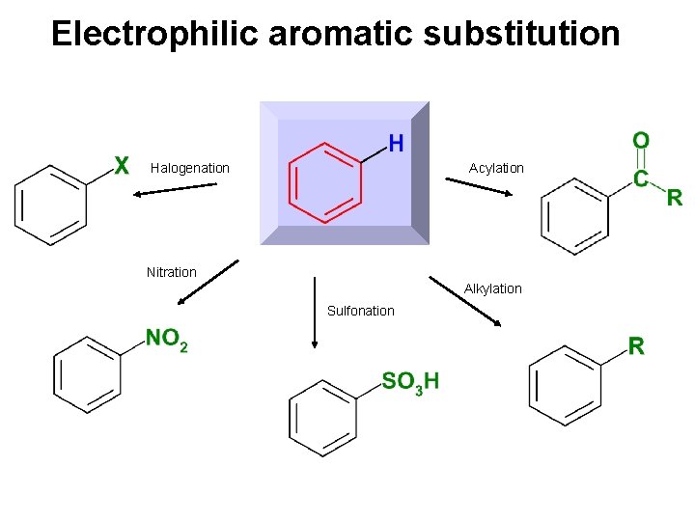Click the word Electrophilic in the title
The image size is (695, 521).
pyautogui.click(x=154, y=34)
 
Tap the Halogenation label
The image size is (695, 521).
pyautogui.click(x=190, y=168)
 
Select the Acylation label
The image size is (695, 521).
pyautogui.click(x=496, y=168)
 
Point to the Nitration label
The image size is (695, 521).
pyautogui.click(x=171, y=272)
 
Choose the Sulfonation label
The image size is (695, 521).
pyautogui.click(x=360, y=311)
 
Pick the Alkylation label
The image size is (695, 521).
pyautogui.click(x=492, y=288)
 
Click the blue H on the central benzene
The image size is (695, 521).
pyautogui.click(x=396, y=144)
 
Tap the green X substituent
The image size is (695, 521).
pyautogui.click(x=123, y=167)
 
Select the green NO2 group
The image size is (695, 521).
pyautogui.click(x=167, y=339)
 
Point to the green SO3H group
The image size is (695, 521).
pyautogui.click(x=410, y=382)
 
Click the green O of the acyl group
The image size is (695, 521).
pyautogui.click(x=641, y=141)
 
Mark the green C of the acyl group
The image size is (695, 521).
pyautogui.click(x=640, y=178)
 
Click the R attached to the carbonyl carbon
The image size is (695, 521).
pyautogui.click(x=674, y=199)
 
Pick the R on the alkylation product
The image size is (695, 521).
pyautogui.click(x=636, y=346)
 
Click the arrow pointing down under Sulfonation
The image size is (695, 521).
pyautogui.click(x=315, y=313)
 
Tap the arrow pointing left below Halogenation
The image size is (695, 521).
pyautogui.click(x=174, y=189)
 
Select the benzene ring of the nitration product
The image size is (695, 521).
pyautogui.click(x=87, y=374)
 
